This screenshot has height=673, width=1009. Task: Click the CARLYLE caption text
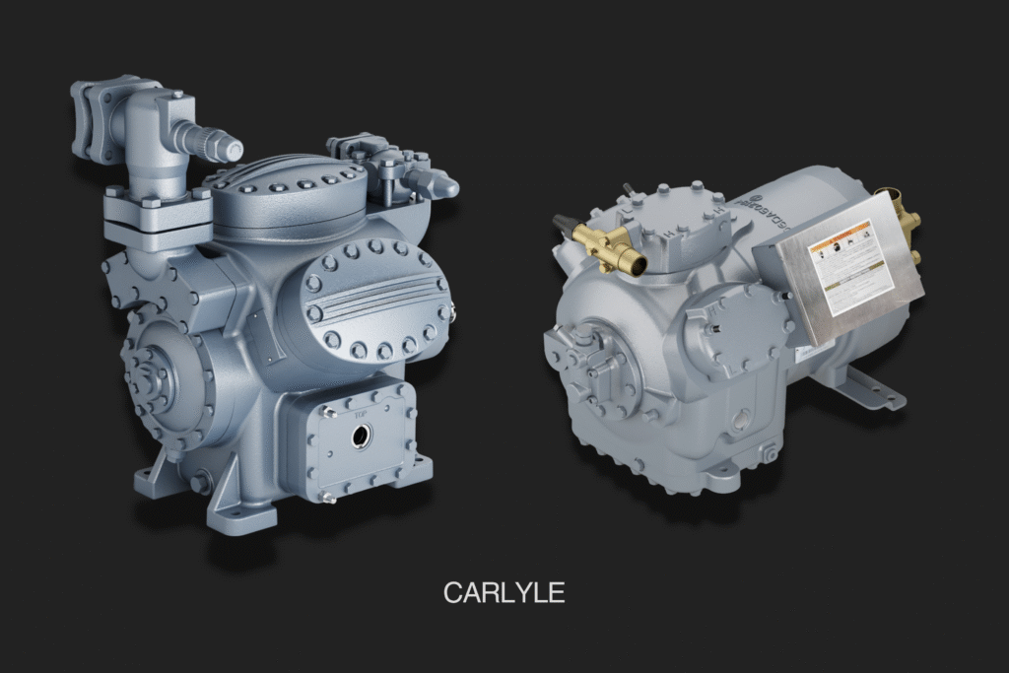point(504,592)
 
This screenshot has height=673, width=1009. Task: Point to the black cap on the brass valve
point(565,224)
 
